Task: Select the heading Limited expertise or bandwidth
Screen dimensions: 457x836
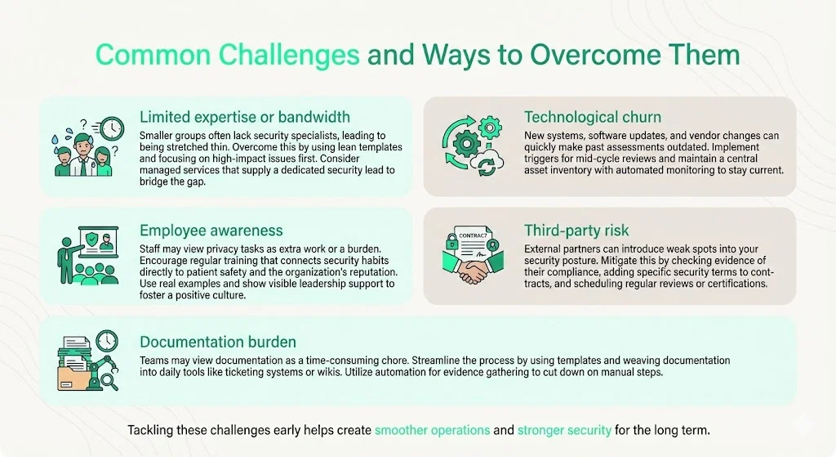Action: pyautogui.click(x=245, y=116)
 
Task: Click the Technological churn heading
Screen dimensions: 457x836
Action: pyautogui.click(x=592, y=117)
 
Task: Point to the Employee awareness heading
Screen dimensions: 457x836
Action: pyautogui.click(x=211, y=231)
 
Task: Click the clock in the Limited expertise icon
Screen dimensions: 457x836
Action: pyautogui.click(x=112, y=128)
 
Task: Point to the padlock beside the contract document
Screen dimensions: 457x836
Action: pyautogui.click(x=451, y=242)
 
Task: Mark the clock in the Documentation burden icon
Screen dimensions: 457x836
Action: pyautogui.click(x=105, y=340)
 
